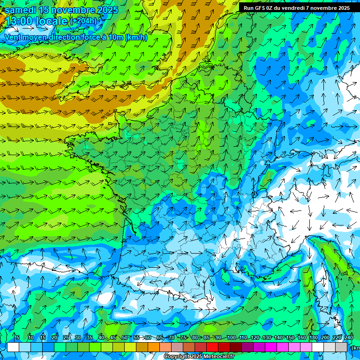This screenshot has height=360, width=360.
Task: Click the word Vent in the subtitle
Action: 14,37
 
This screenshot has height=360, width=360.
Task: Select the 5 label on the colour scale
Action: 17,337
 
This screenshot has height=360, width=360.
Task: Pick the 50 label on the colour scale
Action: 125,337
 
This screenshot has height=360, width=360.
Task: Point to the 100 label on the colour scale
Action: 231,337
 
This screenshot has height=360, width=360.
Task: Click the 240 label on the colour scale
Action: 348,337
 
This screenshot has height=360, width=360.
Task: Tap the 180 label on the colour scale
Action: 313,337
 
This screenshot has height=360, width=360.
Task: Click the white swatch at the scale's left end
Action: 13,347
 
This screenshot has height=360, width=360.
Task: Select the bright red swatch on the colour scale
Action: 212,347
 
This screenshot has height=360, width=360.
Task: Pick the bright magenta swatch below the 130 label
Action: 271,347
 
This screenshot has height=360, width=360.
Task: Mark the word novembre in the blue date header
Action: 74,10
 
